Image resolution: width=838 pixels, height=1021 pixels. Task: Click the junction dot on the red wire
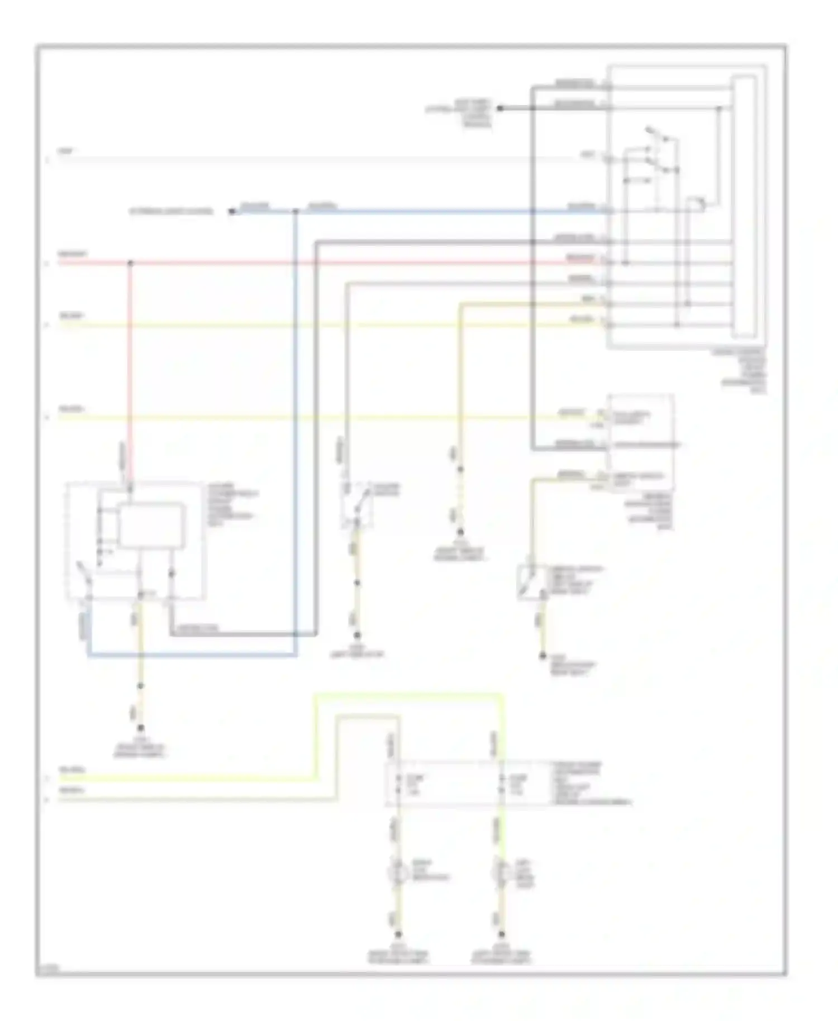pyautogui.click(x=130, y=263)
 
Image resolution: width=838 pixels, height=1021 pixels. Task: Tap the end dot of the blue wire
pyautogui.click(x=231, y=211)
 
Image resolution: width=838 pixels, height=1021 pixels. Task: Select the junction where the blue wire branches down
pyautogui.click(x=296, y=211)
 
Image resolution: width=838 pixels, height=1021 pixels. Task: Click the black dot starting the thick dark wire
pyautogui.click(x=501, y=108)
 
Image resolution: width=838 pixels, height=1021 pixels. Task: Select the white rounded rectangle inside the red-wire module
pyautogui.click(x=151, y=525)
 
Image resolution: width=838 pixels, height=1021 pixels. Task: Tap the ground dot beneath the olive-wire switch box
pyautogui.click(x=542, y=656)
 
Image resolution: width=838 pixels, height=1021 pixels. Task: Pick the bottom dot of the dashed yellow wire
pyautogui.click(x=460, y=532)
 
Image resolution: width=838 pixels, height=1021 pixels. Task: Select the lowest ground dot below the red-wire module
pyautogui.click(x=141, y=728)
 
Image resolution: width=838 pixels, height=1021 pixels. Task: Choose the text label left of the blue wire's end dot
pyautogui.click(x=172, y=212)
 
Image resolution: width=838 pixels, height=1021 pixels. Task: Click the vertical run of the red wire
pyautogui.click(x=130, y=369)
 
